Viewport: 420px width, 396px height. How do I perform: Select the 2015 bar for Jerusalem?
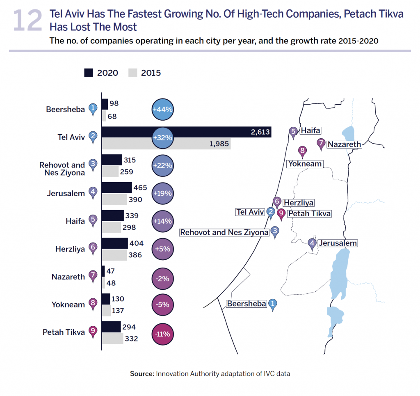114,199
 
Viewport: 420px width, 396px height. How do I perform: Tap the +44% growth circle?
163,110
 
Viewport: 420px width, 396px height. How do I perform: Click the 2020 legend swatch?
89,73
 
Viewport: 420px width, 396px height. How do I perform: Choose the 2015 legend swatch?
132,73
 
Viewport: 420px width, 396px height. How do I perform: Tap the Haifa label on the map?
310,130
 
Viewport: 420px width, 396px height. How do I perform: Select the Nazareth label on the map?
344,144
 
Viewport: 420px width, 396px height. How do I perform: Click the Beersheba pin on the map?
273,304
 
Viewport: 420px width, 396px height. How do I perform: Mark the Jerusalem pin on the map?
313,243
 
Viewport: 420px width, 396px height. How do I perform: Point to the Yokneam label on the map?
305,164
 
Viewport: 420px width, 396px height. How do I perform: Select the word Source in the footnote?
142,373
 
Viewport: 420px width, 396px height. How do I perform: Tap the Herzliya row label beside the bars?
70,249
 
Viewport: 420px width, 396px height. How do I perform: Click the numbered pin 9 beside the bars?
93,332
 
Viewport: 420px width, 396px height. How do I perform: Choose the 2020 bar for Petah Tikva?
111,327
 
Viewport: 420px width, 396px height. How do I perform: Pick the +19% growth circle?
163,193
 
